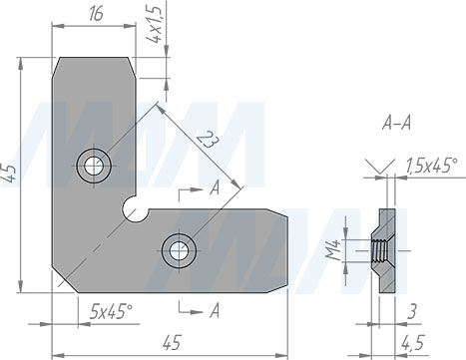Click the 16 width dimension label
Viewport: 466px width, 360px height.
(96, 14)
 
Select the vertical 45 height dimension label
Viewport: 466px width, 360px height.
(9, 174)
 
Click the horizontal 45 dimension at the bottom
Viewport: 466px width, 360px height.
(173, 342)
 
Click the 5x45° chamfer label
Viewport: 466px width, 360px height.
(111, 312)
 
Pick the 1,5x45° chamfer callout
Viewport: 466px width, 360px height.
(432, 166)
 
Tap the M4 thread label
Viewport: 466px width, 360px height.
(332, 250)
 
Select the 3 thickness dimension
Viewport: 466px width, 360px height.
(412, 312)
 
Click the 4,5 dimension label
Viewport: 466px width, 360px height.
(412, 343)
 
